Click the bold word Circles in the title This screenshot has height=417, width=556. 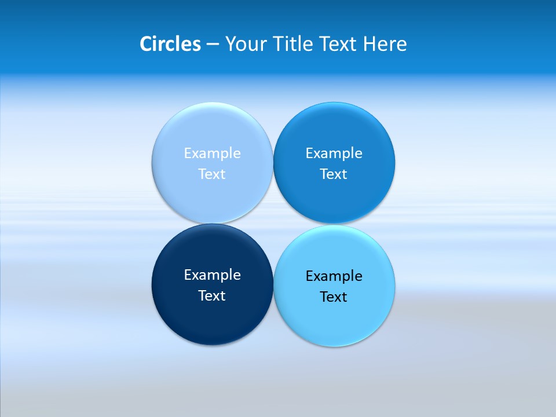pyautogui.click(x=170, y=44)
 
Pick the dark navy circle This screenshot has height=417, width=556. pyautogui.click(x=212, y=319)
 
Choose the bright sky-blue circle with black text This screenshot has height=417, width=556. pyautogui.click(x=334, y=321)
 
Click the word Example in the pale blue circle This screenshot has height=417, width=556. pyautogui.click(x=212, y=153)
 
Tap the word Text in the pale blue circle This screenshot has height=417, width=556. pyautogui.click(x=212, y=174)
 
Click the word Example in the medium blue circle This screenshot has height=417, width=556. pyautogui.click(x=334, y=153)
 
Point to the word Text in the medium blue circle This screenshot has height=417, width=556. pyautogui.click(x=334, y=174)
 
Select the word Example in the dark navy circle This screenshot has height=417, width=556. pyautogui.click(x=212, y=275)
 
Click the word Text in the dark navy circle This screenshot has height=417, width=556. pyautogui.click(x=212, y=296)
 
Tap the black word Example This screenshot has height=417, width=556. pyautogui.click(x=334, y=276)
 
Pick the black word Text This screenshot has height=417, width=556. pyautogui.click(x=334, y=297)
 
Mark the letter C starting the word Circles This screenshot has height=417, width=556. pyautogui.click(x=145, y=44)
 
